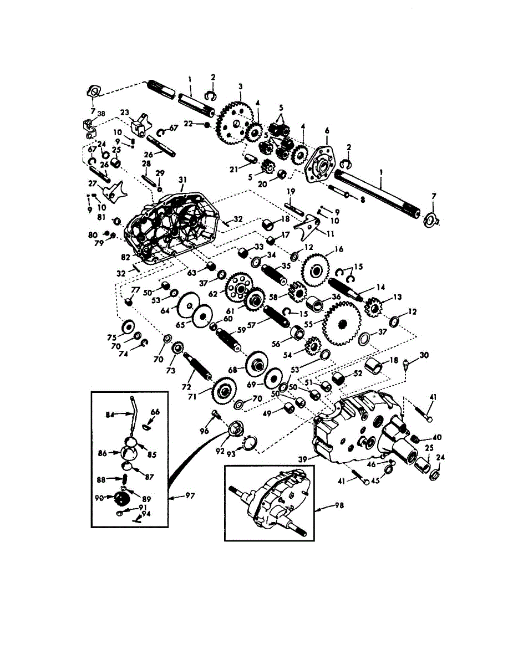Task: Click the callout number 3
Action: (x=240, y=87)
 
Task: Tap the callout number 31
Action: (x=182, y=180)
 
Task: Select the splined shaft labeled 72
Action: (x=199, y=366)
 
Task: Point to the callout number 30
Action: (x=424, y=355)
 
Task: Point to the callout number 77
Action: (x=135, y=290)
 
